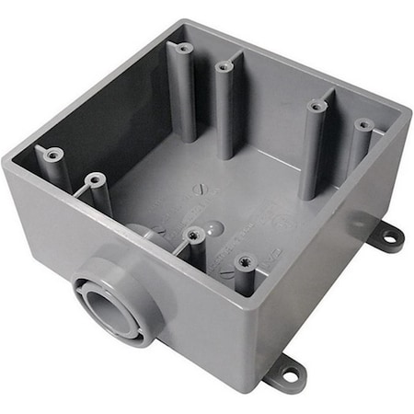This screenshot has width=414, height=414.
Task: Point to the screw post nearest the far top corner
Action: click(x=183, y=48)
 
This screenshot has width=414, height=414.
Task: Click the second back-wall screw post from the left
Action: click(x=224, y=66)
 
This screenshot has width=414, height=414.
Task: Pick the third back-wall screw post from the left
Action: click(x=316, y=107)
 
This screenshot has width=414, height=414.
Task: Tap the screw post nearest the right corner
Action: click(x=363, y=124)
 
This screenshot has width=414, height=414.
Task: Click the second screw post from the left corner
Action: click(x=94, y=180)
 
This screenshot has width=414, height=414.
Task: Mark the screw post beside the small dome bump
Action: click(x=193, y=236)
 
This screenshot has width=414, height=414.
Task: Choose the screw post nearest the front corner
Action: click(x=245, y=263)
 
